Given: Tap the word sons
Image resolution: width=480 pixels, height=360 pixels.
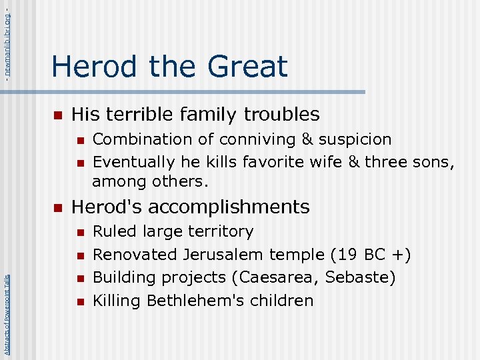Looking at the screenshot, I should [435, 162].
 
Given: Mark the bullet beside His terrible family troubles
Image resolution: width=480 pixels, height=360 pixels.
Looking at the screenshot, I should [57, 115].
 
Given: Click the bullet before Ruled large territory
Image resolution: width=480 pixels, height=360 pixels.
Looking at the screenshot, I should [79, 233].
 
